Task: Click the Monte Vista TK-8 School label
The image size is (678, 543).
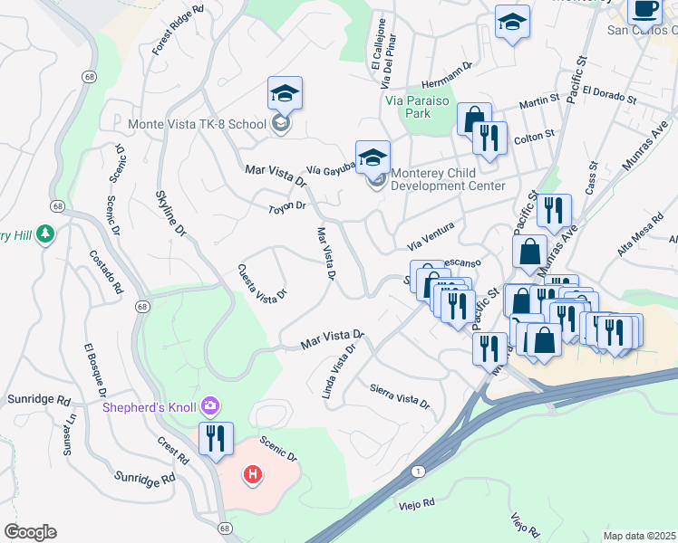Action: (197, 124)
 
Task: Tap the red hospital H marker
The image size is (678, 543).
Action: (253, 473)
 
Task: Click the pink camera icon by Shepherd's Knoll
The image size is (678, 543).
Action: (211, 405)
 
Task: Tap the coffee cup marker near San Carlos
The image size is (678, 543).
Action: (645, 9)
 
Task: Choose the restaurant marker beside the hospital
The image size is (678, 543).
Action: (216, 440)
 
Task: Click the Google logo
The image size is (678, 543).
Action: (30, 531)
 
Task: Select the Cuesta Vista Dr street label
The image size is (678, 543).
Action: (262, 282)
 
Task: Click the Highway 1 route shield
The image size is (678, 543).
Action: (417, 471)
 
